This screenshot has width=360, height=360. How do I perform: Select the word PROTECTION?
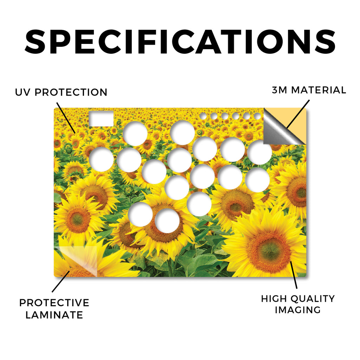click(71, 92)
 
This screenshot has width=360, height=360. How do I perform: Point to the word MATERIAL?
click(319, 90)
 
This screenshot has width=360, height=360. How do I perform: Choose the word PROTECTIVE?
click(54, 303)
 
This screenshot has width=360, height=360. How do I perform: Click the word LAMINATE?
click(54, 315)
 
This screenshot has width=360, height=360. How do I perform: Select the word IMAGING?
click(298, 310)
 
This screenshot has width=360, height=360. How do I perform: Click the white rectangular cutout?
click(101, 119)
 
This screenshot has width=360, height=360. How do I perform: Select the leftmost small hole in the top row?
click(203, 116)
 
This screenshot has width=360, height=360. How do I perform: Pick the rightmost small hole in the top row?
click(257, 116)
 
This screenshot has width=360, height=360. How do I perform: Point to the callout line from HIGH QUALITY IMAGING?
click(294, 275)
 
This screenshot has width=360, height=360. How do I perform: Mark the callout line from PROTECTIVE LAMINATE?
click(61, 282)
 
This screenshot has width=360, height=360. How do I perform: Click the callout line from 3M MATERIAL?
click(298, 114)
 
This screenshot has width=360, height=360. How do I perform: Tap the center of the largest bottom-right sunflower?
click(270, 250)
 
